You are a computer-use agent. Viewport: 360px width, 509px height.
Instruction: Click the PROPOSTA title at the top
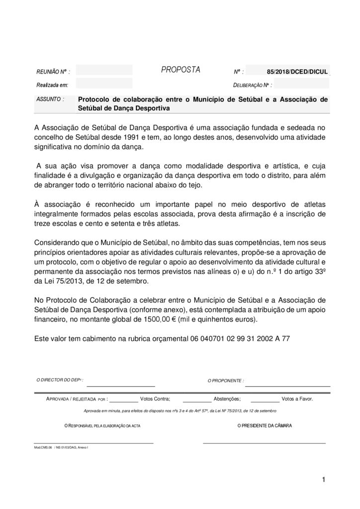tap(180, 70)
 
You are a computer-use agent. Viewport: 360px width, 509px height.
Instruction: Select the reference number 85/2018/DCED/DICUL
tap(297, 72)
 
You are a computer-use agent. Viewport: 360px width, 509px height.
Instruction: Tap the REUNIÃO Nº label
tap(53, 72)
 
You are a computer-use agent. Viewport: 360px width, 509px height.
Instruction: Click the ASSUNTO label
tap(50, 99)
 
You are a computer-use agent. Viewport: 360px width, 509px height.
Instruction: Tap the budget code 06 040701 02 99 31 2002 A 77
tap(240, 338)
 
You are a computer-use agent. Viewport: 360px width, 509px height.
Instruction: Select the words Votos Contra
tap(155, 399)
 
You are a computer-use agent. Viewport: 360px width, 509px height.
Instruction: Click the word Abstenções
tap(227, 399)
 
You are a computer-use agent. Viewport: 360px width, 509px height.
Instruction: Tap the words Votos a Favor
tap(297, 399)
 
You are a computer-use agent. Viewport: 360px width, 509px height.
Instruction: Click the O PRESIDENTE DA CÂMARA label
tap(265, 426)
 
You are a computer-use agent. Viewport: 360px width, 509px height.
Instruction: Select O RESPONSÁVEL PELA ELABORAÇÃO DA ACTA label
tap(103, 426)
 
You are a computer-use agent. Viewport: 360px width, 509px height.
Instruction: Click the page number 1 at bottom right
tap(323, 479)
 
